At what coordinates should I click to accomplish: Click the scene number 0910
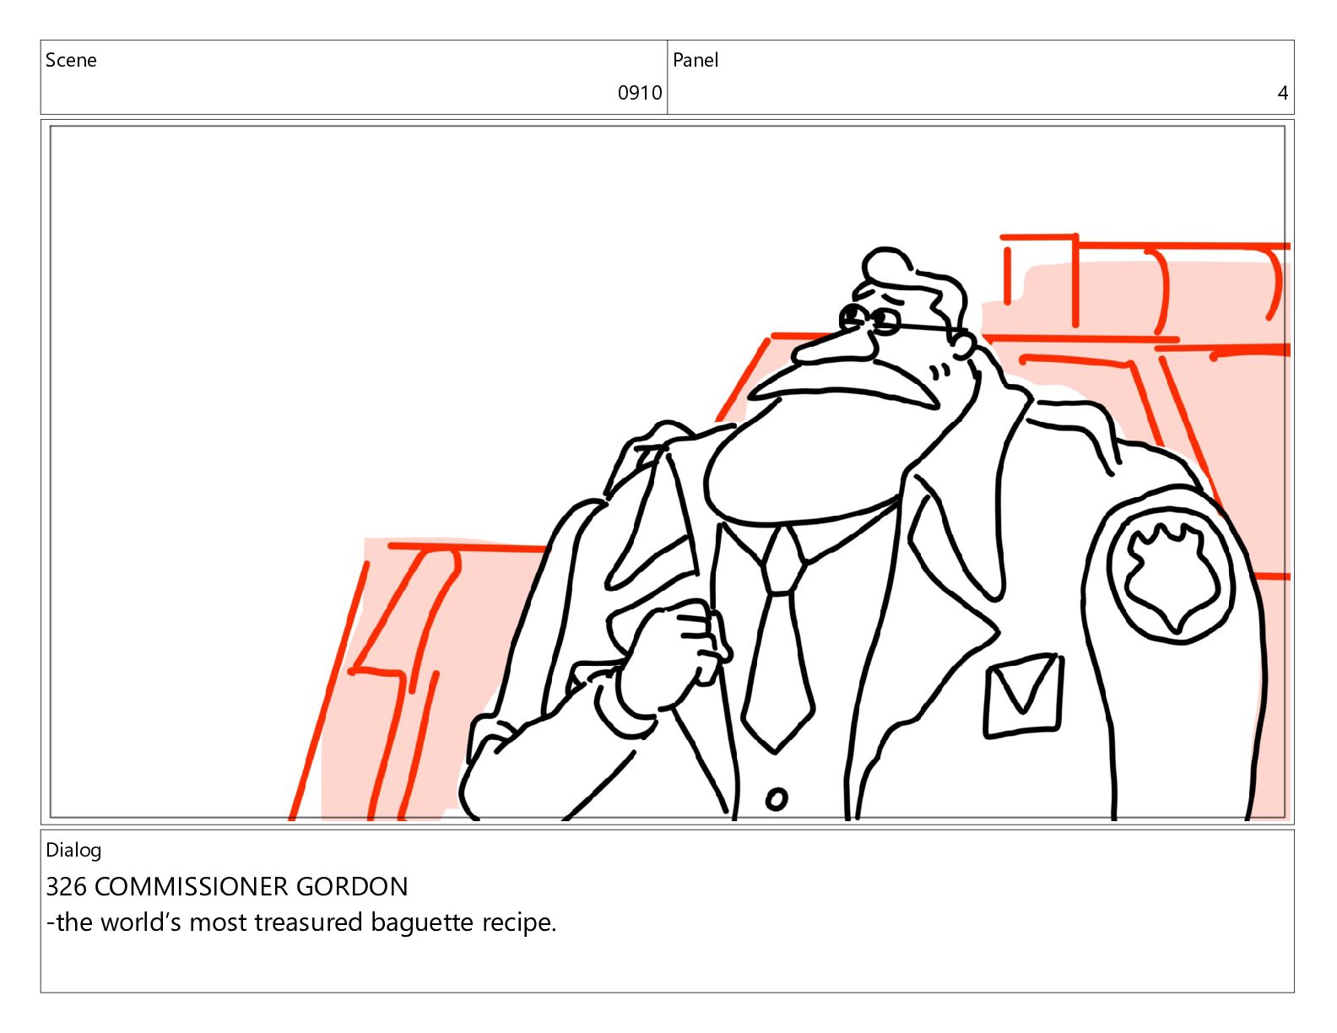[639, 93]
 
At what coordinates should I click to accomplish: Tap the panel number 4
[1282, 93]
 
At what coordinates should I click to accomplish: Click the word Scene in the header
[71, 60]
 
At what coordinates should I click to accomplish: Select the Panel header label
[696, 60]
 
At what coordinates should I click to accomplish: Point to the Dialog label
[73, 851]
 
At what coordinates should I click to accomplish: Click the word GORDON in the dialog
[352, 887]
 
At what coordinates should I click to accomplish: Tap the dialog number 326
[67, 887]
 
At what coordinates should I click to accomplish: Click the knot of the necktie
[782, 562]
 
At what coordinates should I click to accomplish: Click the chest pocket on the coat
[1023, 696]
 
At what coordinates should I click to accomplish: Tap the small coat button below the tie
[776, 799]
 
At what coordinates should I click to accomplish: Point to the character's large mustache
[849, 385]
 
